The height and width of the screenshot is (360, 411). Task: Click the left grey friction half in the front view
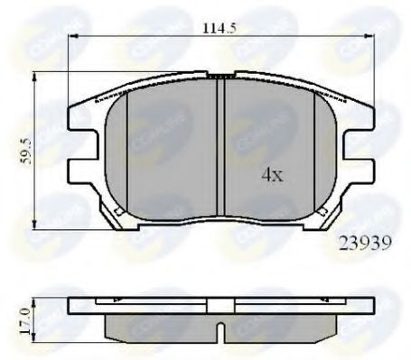tap(167, 149)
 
